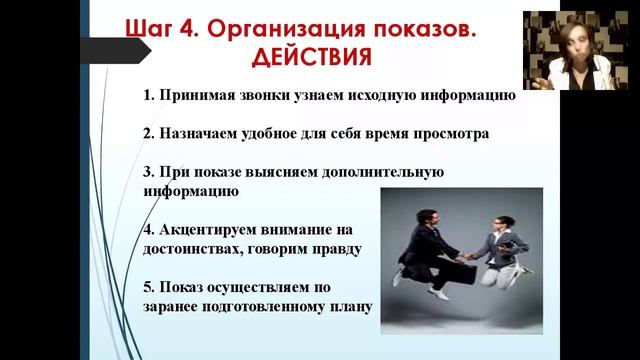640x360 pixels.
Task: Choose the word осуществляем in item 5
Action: pyautogui.click(x=275, y=286)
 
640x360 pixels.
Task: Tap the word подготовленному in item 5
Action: pyautogui.click(x=262, y=305)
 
